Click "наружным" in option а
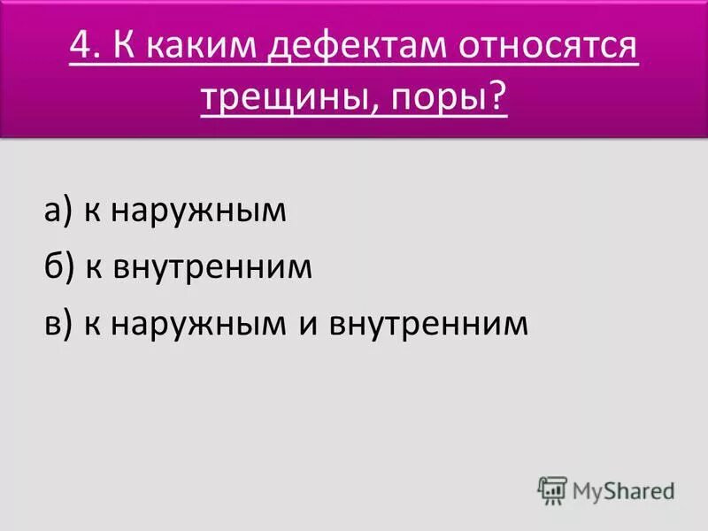click(x=198, y=212)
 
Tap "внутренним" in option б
click(x=212, y=267)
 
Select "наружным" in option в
click(x=198, y=324)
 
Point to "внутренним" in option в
click(x=428, y=324)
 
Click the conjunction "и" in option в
click(x=308, y=325)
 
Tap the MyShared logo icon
click(x=552, y=489)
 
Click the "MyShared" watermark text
click(x=624, y=489)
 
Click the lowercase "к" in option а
click(x=92, y=213)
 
